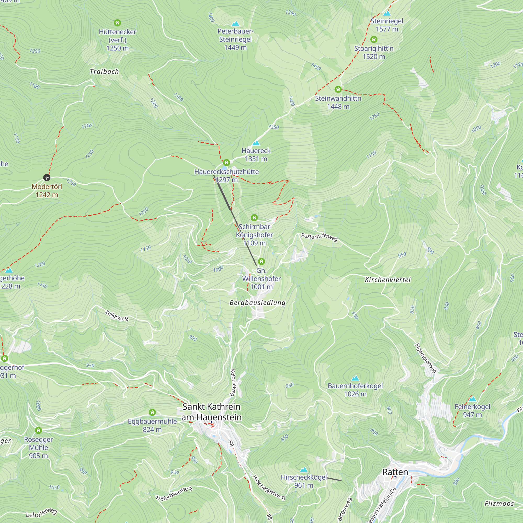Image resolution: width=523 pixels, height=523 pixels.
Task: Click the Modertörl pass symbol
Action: pos(47,178)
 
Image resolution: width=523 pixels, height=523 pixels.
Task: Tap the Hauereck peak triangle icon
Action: pos(256,143)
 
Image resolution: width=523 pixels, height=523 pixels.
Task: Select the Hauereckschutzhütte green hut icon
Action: pos(226,163)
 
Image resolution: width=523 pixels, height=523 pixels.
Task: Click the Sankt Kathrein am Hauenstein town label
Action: pos(211,412)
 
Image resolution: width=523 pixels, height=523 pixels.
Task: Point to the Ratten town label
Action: pos(395,472)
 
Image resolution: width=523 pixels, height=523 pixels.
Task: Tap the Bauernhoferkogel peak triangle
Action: pos(355,378)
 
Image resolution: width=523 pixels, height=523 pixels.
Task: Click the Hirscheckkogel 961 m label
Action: pos(304,481)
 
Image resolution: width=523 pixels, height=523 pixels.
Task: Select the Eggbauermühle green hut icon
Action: pos(152,412)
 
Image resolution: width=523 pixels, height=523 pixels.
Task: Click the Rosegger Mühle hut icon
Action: pos(38,430)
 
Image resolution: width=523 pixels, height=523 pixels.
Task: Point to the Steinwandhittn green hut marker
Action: pos(338,89)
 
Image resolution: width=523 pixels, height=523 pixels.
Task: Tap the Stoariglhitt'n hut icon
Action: pos(374,39)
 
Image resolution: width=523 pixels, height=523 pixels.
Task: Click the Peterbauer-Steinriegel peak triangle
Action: pos(236,24)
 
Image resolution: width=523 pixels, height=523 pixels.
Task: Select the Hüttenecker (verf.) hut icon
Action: pos(117,23)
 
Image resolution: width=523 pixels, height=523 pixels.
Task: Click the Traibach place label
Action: pos(104,71)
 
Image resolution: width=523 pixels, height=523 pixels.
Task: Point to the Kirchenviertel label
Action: pos(388,280)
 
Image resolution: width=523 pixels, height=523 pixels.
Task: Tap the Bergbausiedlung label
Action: pos(257,303)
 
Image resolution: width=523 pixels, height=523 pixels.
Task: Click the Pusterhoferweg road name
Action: pos(320,237)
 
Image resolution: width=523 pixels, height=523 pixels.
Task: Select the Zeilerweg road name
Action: pos(117,316)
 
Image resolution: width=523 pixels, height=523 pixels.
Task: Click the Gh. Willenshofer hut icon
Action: pos(261,261)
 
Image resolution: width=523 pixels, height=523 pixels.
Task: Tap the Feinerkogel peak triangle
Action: pos(472,399)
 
